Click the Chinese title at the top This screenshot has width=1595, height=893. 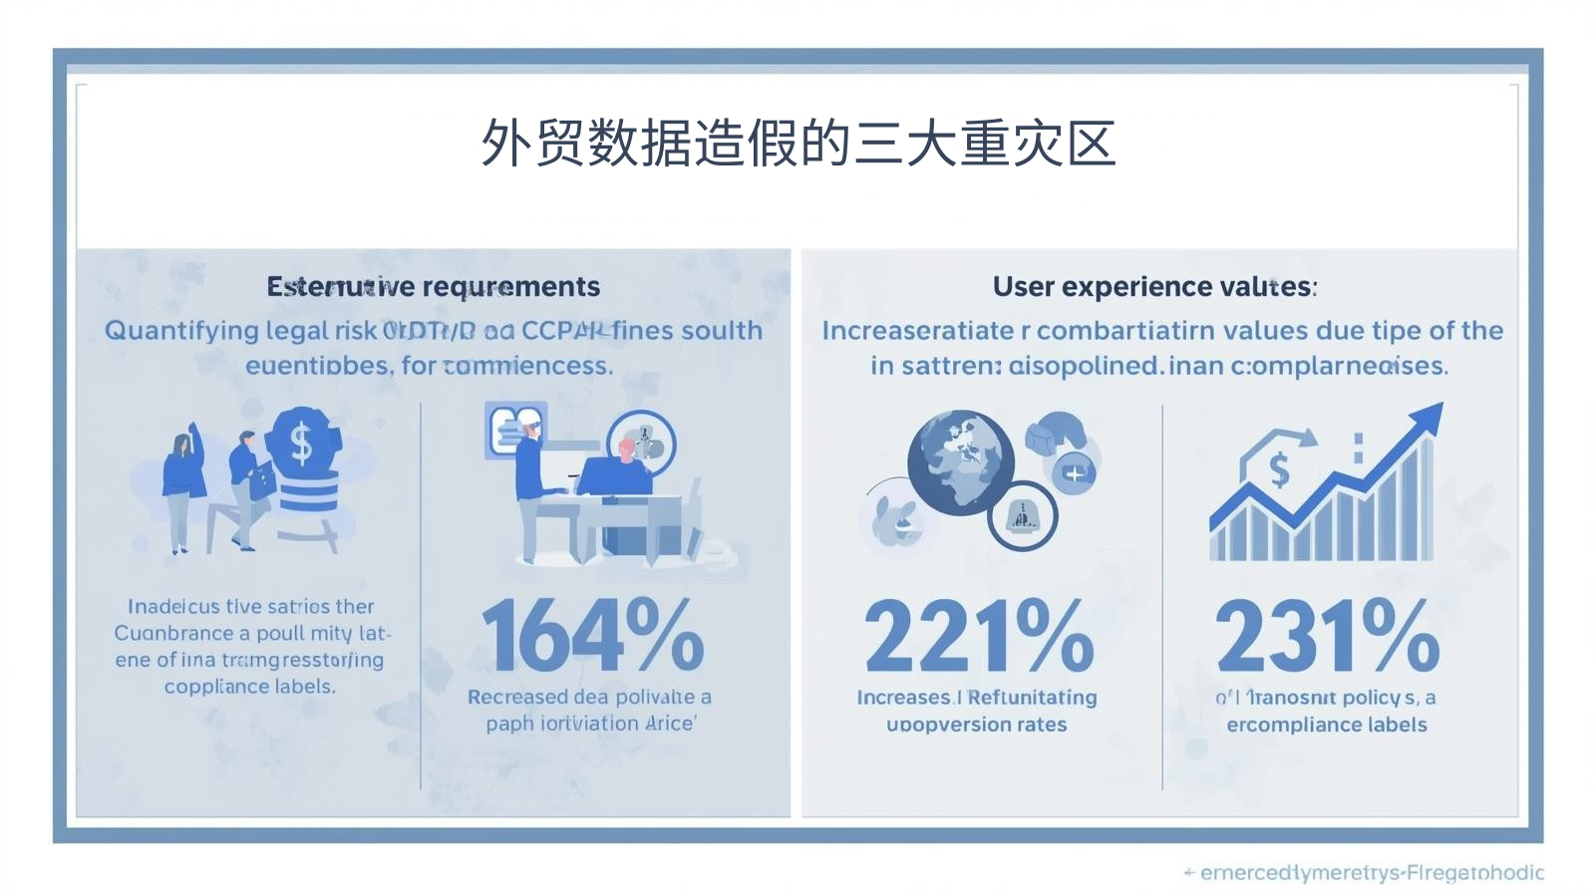(x=797, y=144)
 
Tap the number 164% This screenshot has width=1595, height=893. (x=592, y=635)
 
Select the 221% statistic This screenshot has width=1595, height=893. (x=978, y=635)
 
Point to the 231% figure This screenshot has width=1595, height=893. (x=1327, y=635)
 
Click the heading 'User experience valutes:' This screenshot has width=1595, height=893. (x=1154, y=287)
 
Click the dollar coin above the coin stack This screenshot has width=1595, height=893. (x=302, y=443)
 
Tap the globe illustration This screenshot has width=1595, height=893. (x=959, y=460)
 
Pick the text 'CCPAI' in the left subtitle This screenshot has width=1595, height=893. (x=563, y=331)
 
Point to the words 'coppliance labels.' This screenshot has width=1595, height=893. (x=249, y=687)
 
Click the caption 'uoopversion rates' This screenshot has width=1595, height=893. (x=976, y=725)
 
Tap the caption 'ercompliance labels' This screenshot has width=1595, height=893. (x=1326, y=725)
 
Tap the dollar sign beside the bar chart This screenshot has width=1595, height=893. (x=1279, y=468)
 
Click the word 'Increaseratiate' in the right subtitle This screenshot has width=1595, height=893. (x=917, y=331)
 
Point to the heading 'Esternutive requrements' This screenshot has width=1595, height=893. (x=433, y=287)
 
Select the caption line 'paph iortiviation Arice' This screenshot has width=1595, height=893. (x=590, y=724)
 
